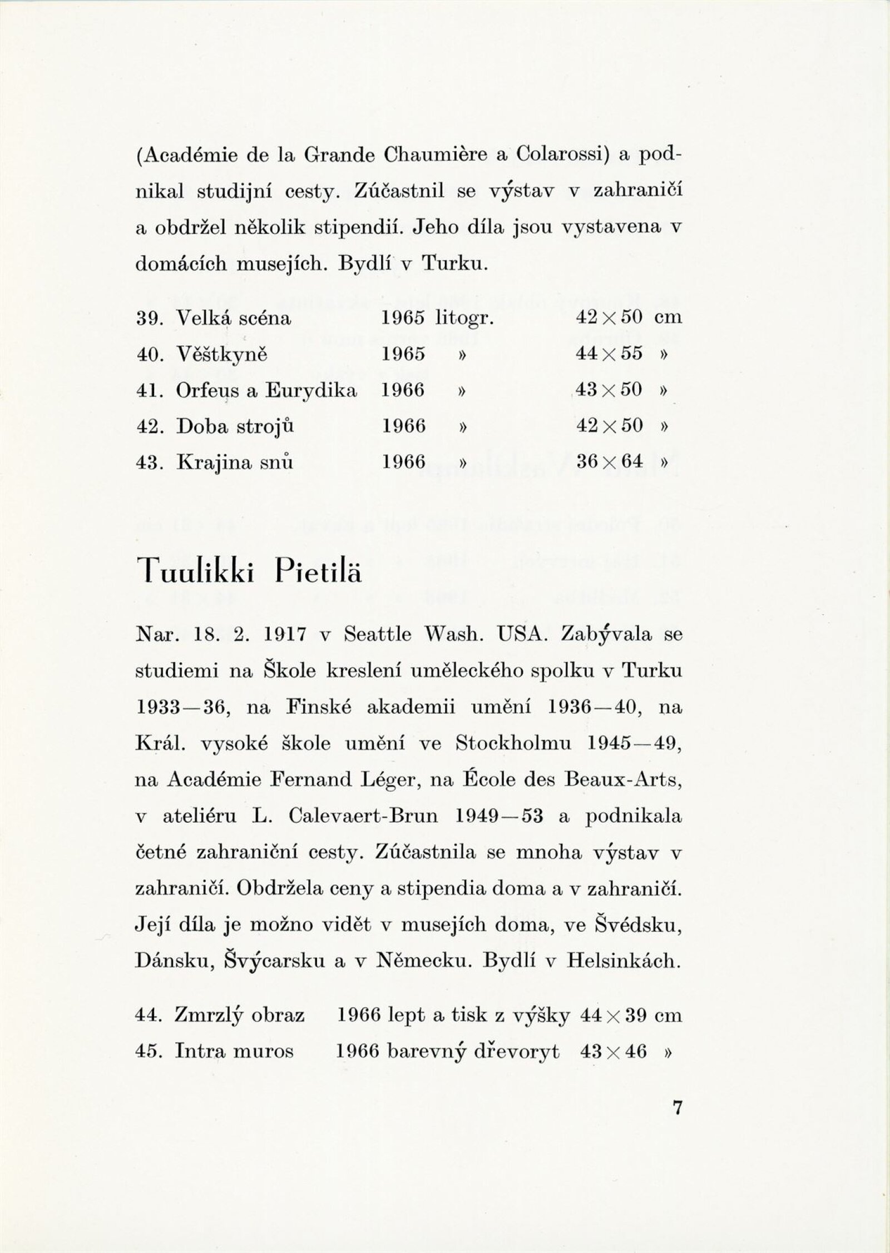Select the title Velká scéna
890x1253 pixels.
click(x=233, y=318)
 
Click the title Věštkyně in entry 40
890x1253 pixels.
click(x=221, y=354)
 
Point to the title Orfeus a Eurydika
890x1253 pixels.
click(x=266, y=390)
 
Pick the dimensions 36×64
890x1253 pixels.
click(x=610, y=462)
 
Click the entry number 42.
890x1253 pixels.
click(x=148, y=426)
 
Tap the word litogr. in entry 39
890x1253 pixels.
click(x=466, y=318)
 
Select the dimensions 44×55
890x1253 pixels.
click(x=610, y=354)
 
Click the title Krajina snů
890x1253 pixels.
click(x=234, y=462)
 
